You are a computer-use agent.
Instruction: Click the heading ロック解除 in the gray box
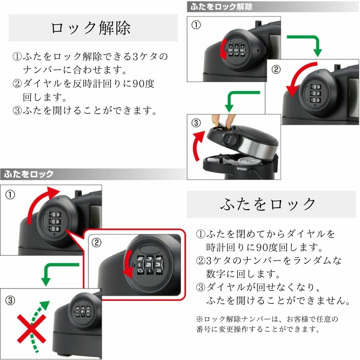[x=90, y=28]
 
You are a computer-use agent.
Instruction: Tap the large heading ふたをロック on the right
[x=268, y=204]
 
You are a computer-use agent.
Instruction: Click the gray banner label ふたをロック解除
[x=221, y=6]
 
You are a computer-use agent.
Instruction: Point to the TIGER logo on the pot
[x=242, y=169]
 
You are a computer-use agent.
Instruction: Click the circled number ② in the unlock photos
[x=276, y=69]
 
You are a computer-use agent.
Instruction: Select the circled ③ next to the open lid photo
[x=196, y=123]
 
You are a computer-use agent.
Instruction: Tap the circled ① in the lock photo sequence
[x=10, y=195]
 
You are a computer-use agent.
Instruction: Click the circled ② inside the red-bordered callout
[x=96, y=242]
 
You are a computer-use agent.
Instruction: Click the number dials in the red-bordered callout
[x=150, y=265]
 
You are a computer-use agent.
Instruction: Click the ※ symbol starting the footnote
[x=199, y=319]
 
